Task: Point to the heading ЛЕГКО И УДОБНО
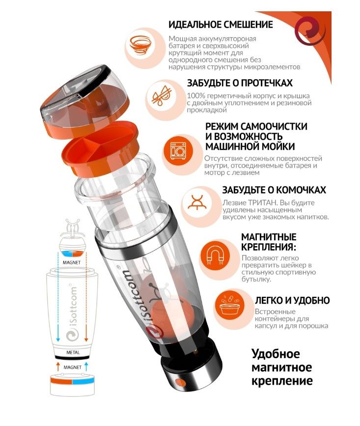click(x=292, y=300)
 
